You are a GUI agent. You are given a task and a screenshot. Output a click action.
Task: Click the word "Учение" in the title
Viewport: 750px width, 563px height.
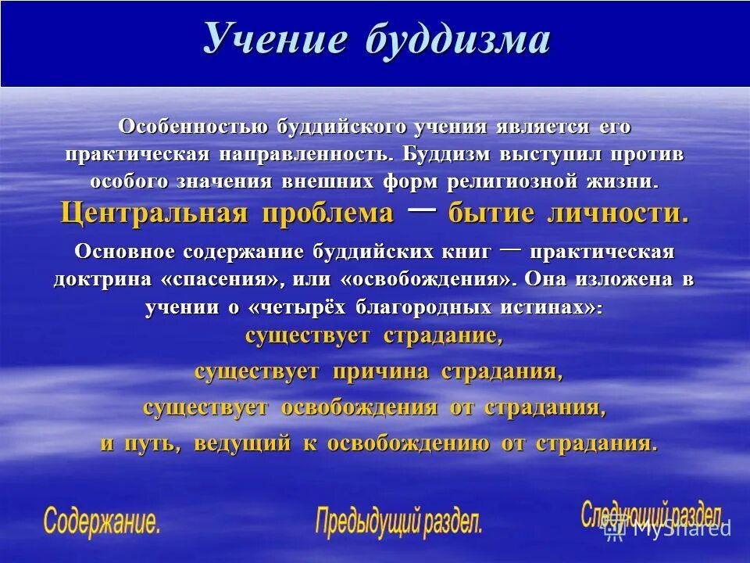click(x=274, y=39)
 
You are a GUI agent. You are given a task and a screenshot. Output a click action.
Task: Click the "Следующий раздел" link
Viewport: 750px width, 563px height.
click(x=650, y=514)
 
